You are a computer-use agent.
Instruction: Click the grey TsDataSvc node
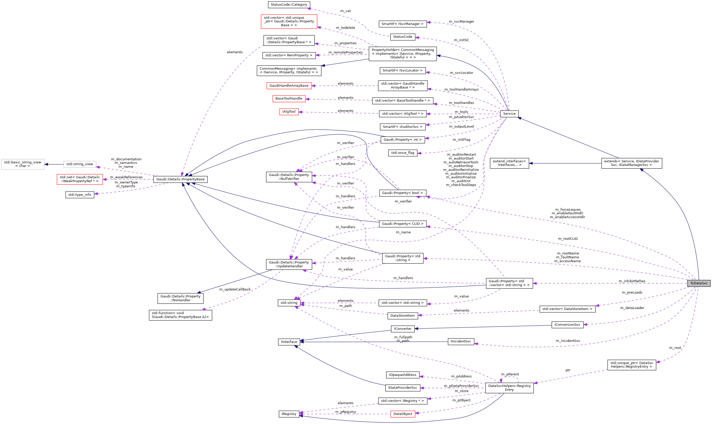699,283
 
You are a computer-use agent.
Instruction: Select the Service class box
509,114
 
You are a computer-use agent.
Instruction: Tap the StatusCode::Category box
289,5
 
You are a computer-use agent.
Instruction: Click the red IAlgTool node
289,112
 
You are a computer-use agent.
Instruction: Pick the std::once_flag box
402,153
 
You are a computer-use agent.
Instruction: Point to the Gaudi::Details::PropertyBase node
180,179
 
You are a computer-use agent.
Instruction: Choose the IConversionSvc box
567,325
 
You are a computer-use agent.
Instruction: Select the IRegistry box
289,414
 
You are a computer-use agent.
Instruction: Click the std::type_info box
80,195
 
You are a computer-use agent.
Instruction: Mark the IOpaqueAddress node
402,375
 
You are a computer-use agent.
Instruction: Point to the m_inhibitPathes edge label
632,281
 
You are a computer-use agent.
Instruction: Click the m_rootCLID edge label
568,239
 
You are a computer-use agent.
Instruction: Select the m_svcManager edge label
461,22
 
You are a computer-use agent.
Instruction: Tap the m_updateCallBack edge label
235,289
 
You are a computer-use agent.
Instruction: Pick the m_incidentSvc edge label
568,341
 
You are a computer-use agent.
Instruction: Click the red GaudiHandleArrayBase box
289,86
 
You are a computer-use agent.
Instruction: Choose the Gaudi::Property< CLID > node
402,224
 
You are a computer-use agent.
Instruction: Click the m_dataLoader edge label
632,308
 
